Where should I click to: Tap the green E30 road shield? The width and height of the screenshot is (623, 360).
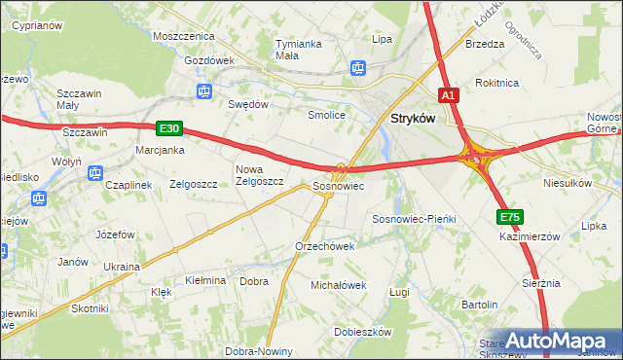168,127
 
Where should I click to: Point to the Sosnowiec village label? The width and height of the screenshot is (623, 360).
338,185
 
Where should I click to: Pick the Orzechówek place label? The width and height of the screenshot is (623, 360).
324,246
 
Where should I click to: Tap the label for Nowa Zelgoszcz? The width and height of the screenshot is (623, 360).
259,174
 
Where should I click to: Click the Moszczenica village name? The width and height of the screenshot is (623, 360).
183,35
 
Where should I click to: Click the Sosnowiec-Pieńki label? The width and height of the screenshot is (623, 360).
415,220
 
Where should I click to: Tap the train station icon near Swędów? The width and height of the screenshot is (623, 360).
203,91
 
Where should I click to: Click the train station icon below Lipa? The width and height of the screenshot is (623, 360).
357,67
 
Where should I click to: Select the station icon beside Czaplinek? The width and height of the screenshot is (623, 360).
94,173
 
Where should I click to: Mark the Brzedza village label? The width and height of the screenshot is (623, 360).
485,44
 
